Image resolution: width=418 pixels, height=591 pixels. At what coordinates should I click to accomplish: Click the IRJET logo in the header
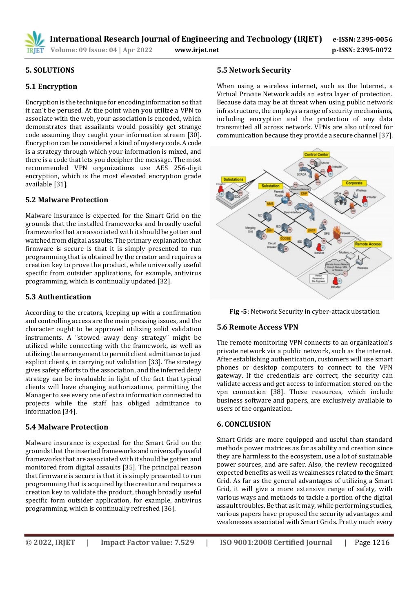pos(34,42)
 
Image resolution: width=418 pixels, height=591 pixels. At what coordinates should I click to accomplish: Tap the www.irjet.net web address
pos(196,50)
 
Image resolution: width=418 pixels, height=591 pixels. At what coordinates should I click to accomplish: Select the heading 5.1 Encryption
pos(51,86)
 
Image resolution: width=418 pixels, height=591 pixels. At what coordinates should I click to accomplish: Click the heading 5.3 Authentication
pos(58,297)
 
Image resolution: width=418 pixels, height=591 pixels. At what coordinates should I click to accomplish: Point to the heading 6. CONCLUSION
pos(244,424)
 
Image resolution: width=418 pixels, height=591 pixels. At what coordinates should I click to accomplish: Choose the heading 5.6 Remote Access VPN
pos(257,327)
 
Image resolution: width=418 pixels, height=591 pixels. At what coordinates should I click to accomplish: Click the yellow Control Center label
pos(316,155)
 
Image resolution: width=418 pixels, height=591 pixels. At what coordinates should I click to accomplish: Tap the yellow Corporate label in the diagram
pos(354,183)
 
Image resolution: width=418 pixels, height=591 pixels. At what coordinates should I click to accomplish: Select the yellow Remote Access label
pos(367,244)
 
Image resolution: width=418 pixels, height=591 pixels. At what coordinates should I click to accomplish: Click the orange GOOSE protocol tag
pos(285,239)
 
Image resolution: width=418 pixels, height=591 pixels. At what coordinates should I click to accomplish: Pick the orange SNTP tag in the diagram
pos(311,230)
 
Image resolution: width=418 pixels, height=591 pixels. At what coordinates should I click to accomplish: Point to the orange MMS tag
pos(270,204)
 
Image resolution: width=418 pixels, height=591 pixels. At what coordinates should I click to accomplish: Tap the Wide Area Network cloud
pos(300,189)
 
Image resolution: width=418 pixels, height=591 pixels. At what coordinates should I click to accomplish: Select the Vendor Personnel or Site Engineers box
pos(319,278)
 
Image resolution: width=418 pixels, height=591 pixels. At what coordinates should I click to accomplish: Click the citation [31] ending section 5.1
pos(61,184)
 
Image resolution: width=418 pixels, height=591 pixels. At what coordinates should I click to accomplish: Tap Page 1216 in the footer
pos(372,542)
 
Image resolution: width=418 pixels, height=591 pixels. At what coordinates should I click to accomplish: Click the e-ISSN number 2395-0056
pos(374,40)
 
